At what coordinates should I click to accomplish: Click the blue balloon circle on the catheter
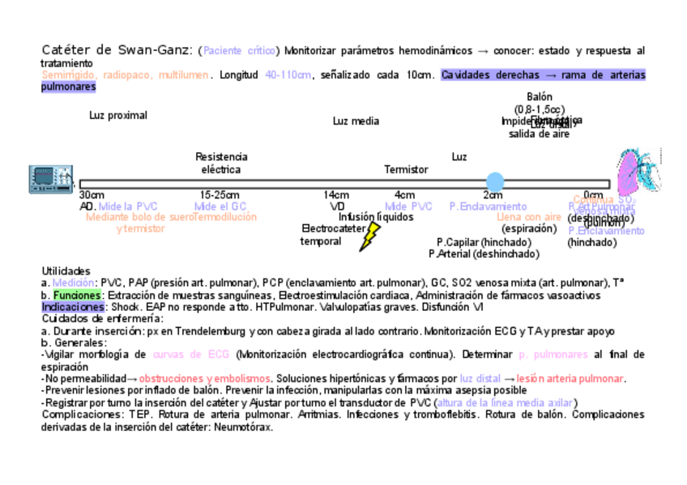point(494,181)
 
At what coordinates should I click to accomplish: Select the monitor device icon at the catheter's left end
point(44,180)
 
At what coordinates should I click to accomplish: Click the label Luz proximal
point(118,115)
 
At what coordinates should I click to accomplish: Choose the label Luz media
point(356,121)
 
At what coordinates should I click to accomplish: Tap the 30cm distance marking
point(92,195)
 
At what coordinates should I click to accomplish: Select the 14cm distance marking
point(336,195)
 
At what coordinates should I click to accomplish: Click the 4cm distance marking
point(404,195)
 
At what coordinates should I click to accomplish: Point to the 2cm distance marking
point(493,195)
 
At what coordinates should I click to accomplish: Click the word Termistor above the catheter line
point(406,170)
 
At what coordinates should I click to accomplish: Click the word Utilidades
point(66,270)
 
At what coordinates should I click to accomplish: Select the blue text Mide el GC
point(220,206)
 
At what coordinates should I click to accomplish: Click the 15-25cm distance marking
point(220,195)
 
